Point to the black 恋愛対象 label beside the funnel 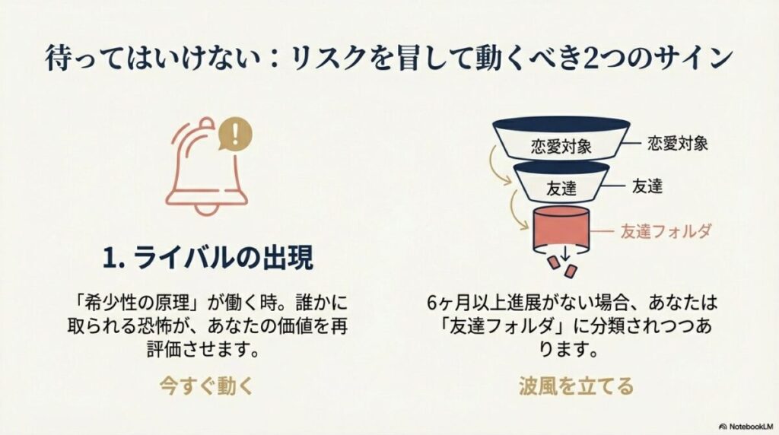pos(677,142)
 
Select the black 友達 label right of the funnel pos(647,186)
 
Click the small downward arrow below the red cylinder pos(564,252)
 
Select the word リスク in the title pos(324,58)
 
